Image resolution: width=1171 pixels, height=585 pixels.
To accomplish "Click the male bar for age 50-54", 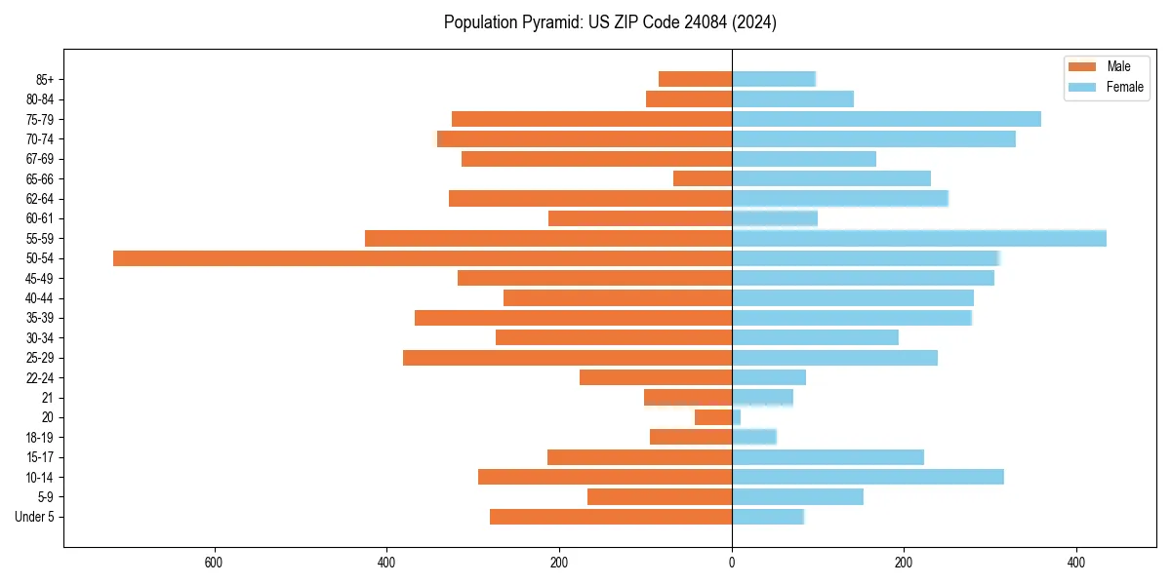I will pos(423,258).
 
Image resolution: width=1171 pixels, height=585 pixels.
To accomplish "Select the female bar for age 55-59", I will pos(919,238).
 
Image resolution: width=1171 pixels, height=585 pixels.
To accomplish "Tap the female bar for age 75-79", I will pos(886,119).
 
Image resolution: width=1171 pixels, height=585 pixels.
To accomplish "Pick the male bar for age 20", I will pos(713,417).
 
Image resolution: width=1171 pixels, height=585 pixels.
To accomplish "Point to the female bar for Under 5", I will pos(768,517).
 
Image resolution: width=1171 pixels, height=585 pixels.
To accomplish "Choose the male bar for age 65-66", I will pos(703,178).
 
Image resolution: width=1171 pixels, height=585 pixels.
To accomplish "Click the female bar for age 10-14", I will pos(868,477).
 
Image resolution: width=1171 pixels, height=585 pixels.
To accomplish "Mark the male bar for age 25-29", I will pos(567,358).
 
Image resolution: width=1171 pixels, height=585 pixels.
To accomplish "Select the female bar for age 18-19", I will pos(754,437).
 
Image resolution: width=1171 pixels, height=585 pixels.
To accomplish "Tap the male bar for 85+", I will pos(695,79).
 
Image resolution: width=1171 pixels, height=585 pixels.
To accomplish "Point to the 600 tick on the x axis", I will pos(215,563).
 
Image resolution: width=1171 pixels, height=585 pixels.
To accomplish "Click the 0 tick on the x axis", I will pos(732,563).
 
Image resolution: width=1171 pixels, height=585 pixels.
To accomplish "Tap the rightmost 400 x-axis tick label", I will pos(1076,563).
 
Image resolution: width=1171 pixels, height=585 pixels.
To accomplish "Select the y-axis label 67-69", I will pos(41,159).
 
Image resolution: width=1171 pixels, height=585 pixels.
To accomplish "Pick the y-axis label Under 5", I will pos(35,517).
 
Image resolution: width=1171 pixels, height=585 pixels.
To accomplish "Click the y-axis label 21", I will pos(48,398).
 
